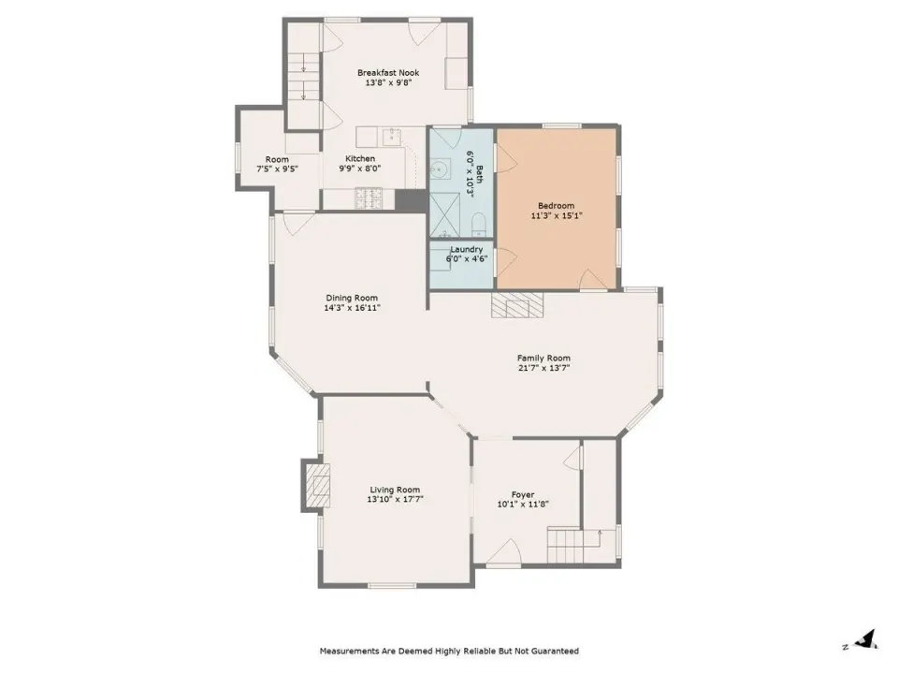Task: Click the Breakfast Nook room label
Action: click(x=387, y=73)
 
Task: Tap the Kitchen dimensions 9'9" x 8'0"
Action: click(x=359, y=168)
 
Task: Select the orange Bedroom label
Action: click(x=556, y=206)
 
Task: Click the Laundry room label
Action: click(x=466, y=249)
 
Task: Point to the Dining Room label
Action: click(x=352, y=298)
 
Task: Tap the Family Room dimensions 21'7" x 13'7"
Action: click(x=543, y=368)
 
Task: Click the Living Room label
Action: click(x=395, y=490)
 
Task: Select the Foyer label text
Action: click(x=522, y=494)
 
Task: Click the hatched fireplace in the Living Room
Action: click(x=317, y=485)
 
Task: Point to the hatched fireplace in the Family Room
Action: click(x=517, y=305)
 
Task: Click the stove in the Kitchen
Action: click(x=369, y=199)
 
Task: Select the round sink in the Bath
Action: click(x=440, y=169)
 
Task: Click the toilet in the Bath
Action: click(x=479, y=225)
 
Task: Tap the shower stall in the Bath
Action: click(x=444, y=214)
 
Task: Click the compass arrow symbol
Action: click(x=868, y=639)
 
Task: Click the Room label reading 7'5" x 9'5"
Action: click(x=277, y=169)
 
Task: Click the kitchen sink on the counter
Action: click(x=391, y=137)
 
